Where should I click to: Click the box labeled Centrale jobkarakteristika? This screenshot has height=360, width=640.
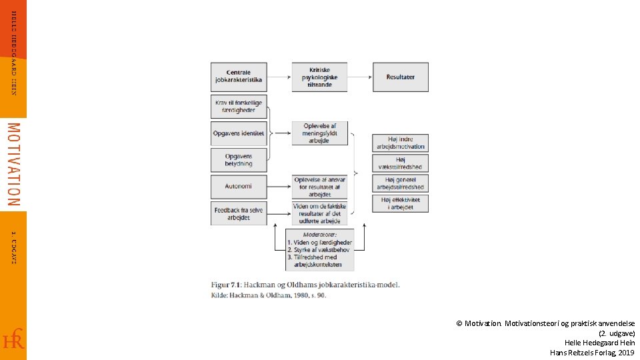(239, 77)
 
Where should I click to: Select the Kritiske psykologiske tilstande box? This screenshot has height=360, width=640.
(319, 77)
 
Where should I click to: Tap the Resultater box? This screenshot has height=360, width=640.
(400, 77)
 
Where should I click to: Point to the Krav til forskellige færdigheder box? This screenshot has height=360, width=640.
(239, 106)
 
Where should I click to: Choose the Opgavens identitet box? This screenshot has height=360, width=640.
(239, 133)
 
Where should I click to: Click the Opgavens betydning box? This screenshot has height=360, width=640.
(239, 160)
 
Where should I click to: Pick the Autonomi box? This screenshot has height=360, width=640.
(239, 187)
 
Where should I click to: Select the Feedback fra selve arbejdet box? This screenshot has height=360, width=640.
(239, 213)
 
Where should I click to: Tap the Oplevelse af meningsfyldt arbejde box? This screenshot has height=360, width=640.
(319, 133)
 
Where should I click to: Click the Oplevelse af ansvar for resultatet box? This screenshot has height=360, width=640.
(319, 187)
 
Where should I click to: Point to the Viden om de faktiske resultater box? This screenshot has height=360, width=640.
(319, 213)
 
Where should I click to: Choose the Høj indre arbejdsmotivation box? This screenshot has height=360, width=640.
(400, 143)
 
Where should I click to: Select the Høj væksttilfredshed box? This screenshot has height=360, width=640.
(400, 163)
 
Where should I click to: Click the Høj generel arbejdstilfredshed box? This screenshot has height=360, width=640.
(400, 183)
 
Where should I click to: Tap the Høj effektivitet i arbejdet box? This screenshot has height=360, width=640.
(400, 203)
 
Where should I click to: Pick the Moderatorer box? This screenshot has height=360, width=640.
(319, 249)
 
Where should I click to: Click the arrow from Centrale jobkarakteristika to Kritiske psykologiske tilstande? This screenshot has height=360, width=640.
(279, 77)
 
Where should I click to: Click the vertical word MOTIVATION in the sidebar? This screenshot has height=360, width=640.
(13, 164)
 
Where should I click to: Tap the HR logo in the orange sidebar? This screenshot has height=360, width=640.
(13, 339)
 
